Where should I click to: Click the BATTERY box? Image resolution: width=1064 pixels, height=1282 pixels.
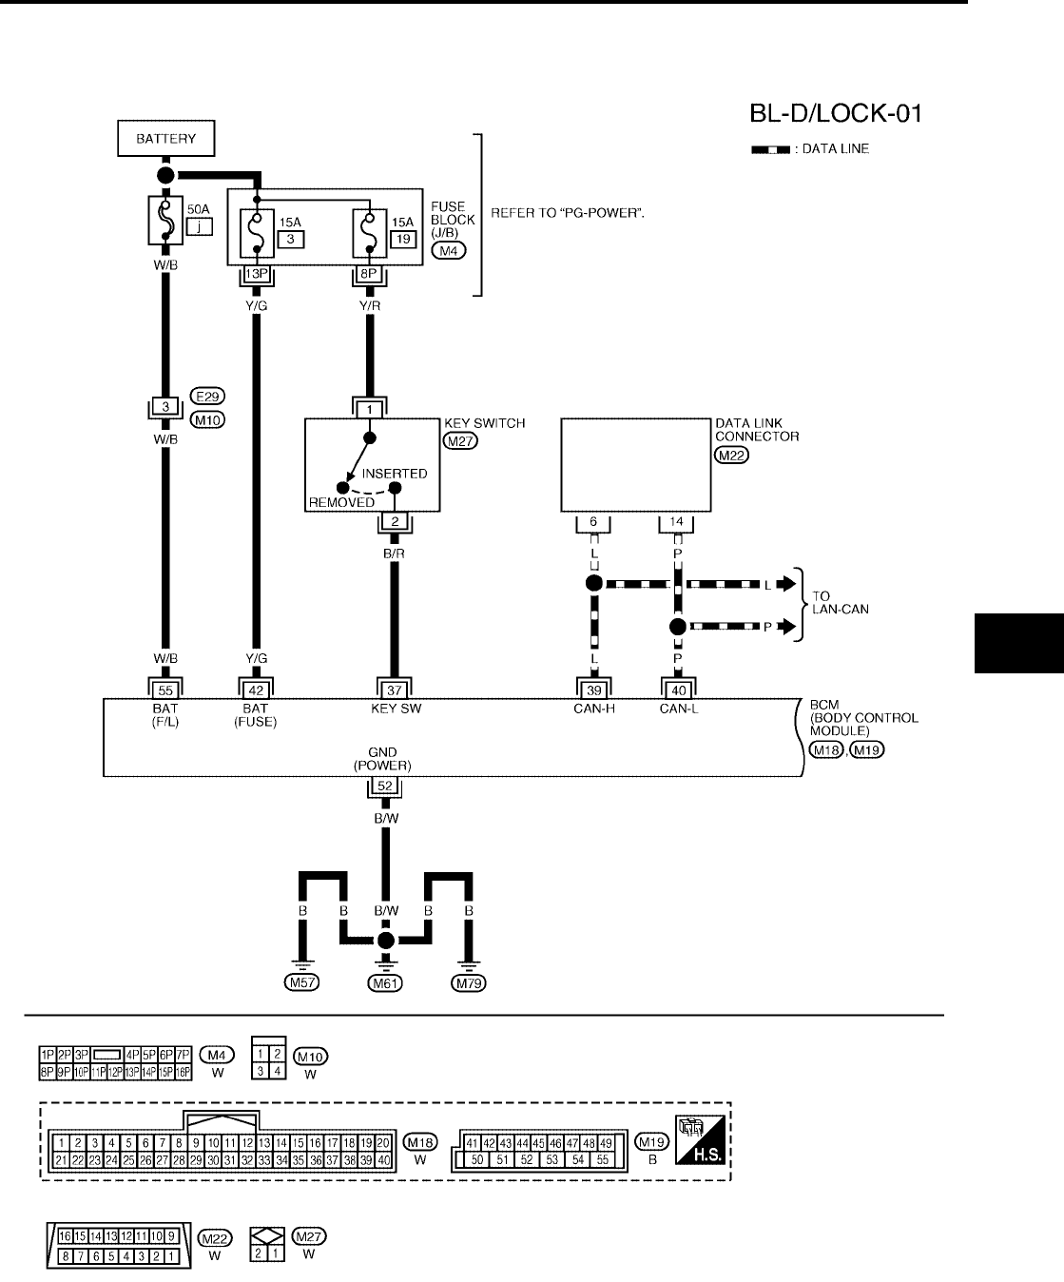pyautogui.click(x=165, y=139)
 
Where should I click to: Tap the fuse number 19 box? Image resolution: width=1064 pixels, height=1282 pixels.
pyautogui.click(x=403, y=239)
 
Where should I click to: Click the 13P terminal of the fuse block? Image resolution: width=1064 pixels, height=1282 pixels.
pyautogui.click(x=256, y=275)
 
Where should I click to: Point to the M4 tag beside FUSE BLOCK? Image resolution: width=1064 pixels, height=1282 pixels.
pyautogui.click(x=448, y=251)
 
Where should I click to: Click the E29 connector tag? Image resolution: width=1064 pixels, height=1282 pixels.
pyautogui.click(x=207, y=397)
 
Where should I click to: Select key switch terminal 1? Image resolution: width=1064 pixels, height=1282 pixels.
pyautogui.click(x=370, y=409)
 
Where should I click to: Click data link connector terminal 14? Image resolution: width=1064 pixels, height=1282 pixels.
pyautogui.click(x=676, y=522)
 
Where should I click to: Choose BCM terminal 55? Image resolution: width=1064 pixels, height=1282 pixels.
pyautogui.click(x=165, y=690)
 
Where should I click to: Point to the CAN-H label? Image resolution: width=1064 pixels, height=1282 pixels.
pyautogui.click(x=594, y=709)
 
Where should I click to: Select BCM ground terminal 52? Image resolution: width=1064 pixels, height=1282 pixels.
pyautogui.click(x=384, y=787)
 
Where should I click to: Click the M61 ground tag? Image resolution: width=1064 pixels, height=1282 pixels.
pyautogui.click(x=384, y=983)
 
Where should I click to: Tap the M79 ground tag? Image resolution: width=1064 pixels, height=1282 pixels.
pyautogui.click(x=468, y=983)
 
